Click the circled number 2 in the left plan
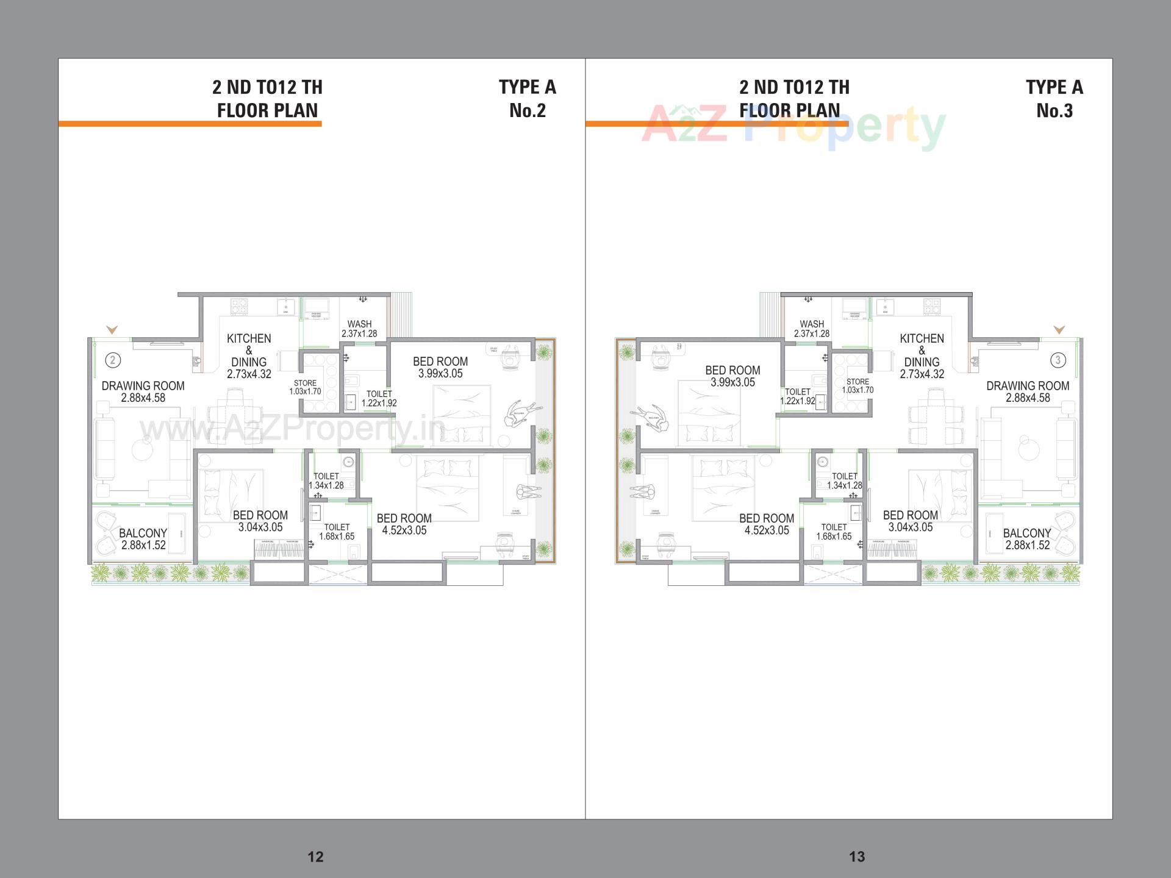112,360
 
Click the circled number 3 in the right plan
1058,360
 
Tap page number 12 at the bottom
315,857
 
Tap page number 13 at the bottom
857,857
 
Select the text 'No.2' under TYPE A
528,111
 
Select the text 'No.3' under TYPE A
1055,111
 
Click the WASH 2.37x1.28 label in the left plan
359,329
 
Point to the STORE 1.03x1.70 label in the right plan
858,386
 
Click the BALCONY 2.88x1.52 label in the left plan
143,539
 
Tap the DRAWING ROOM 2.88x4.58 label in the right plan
1028,391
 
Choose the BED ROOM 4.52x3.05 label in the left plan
404,524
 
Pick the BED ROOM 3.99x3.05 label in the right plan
732,376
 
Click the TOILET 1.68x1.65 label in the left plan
337,532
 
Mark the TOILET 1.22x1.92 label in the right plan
798,396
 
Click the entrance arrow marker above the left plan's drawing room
112,330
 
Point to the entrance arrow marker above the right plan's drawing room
1059,330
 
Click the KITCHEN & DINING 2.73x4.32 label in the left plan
249,356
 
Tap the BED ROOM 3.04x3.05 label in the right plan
910,521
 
